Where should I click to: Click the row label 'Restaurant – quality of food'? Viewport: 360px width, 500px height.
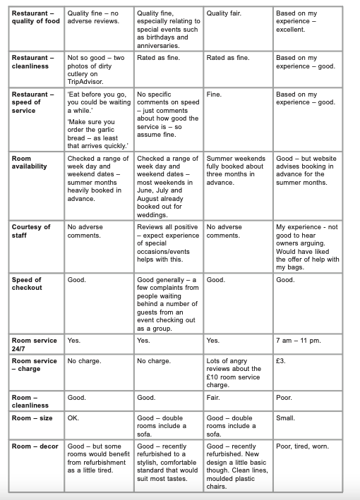[x=32, y=18]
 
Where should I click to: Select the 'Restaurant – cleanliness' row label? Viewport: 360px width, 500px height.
[x=32, y=62]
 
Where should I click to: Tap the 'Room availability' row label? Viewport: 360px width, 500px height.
[x=30, y=163]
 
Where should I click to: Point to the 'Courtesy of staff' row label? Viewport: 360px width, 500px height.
[x=31, y=231]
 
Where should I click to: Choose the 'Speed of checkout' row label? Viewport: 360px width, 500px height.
[x=27, y=284]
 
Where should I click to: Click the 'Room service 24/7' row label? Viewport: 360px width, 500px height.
[x=34, y=345]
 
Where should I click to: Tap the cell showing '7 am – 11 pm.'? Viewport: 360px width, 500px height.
[x=299, y=341]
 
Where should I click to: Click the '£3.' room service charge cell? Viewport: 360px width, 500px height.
[x=282, y=361]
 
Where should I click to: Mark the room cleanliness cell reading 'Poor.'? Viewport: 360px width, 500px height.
[x=284, y=398]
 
